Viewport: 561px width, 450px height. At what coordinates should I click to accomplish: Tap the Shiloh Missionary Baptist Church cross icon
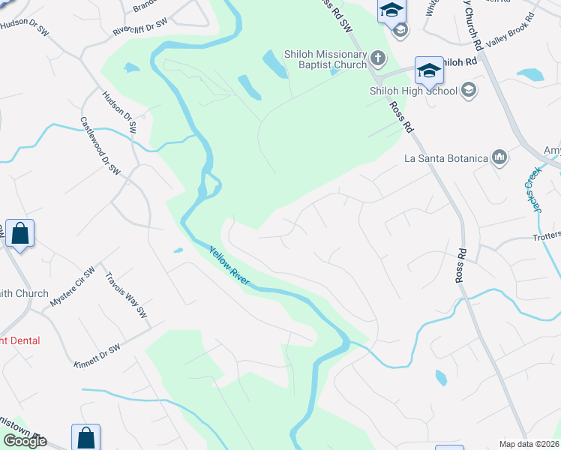point(378,58)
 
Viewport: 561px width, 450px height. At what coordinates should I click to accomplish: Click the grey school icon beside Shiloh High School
point(469,91)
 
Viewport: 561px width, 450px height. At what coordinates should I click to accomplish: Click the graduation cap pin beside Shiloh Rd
point(428,70)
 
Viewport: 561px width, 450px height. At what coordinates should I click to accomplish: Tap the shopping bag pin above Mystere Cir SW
point(19,233)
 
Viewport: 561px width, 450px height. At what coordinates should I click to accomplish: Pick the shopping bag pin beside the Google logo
point(85,437)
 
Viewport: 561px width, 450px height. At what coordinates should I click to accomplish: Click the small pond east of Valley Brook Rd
point(531,74)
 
